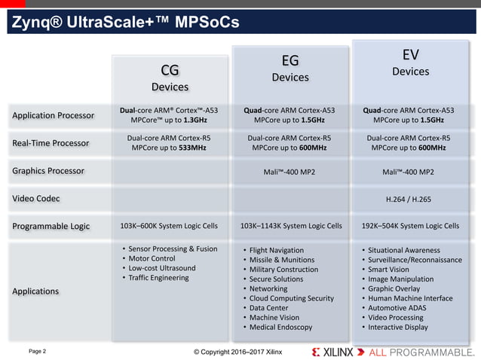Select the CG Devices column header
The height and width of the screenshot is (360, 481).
point(170,78)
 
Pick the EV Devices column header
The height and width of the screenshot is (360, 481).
point(410,63)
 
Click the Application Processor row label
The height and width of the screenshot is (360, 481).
point(53,115)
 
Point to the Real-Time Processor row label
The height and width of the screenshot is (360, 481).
point(51,143)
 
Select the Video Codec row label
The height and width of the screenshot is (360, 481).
point(35,198)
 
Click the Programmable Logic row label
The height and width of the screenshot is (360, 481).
point(51,225)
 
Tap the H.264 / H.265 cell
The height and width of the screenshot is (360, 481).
point(410,198)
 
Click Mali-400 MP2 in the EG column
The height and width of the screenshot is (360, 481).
point(290,171)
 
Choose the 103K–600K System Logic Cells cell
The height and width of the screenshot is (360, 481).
point(170,225)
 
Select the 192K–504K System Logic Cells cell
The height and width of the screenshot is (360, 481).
point(410,225)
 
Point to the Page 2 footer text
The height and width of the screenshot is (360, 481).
point(37,351)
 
